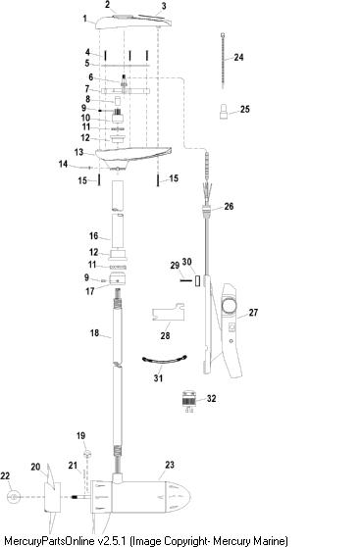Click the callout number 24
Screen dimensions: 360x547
click(238, 57)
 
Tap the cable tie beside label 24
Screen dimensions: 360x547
click(223, 61)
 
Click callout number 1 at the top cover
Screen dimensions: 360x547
click(84, 19)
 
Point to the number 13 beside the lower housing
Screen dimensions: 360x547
click(78, 152)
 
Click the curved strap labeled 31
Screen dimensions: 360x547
click(165, 361)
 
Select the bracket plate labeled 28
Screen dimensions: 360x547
click(168, 313)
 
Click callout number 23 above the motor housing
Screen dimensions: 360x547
click(170, 465)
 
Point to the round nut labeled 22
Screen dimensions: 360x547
click(13, 497)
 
